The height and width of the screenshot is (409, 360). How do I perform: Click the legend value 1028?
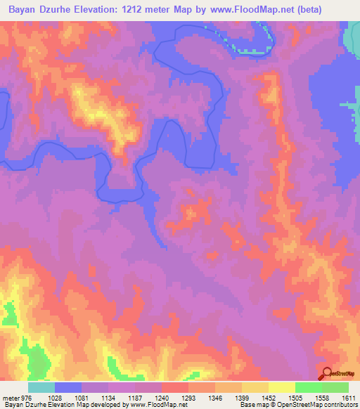[x=54, y=398]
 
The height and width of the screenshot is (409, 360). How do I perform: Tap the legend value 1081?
[x=81, y=398]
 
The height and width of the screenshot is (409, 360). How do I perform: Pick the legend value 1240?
[x=162, y=398]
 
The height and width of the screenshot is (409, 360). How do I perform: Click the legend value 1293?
[x=188, y=398]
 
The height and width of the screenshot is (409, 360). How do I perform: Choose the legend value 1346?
[x=215, y=398]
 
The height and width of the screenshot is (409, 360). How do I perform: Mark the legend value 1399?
[x=242, y=398]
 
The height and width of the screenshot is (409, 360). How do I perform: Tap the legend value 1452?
[x=269, y=398]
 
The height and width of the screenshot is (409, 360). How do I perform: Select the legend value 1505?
[x=295, y=398]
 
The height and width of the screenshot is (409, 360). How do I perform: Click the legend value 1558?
[x=322, y=398]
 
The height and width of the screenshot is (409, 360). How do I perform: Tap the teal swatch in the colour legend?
[x=41, y=387]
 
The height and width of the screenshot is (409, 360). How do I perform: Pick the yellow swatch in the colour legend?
[x=282, y=387]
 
